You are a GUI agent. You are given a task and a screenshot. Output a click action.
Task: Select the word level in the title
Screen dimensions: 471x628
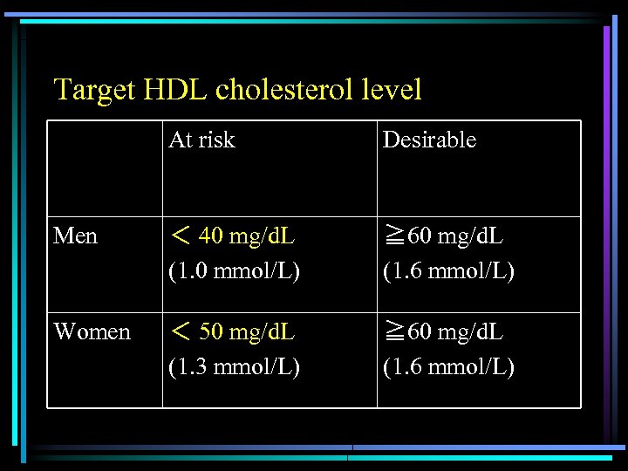(390, 90)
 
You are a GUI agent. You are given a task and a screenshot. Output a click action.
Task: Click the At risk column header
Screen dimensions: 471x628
(201, 140)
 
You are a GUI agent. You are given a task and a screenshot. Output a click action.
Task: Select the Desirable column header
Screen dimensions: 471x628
(429, 140)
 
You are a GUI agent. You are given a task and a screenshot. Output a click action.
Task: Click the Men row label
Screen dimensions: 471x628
(75, 236)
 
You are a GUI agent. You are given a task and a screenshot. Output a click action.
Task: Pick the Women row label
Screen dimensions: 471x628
(92, 332)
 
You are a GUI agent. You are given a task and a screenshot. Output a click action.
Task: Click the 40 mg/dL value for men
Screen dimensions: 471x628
(246, 236)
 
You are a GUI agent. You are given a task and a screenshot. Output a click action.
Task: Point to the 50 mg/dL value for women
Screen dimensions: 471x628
(246, 332)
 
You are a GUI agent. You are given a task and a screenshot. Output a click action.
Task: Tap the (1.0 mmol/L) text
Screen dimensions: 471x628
(234, 271)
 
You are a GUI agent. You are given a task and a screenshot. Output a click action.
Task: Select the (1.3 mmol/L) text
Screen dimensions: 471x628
(234, 367)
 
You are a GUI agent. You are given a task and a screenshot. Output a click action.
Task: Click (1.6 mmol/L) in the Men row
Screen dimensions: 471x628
(448, 271)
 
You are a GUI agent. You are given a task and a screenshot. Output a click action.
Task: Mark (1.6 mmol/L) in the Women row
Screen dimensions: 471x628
(448, 367)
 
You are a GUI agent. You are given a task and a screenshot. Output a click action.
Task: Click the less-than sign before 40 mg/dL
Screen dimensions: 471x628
(179, 236)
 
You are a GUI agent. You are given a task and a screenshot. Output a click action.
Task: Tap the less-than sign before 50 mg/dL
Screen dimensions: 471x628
(179, 332)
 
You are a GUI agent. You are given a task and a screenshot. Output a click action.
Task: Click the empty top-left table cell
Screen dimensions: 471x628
(105, 168)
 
